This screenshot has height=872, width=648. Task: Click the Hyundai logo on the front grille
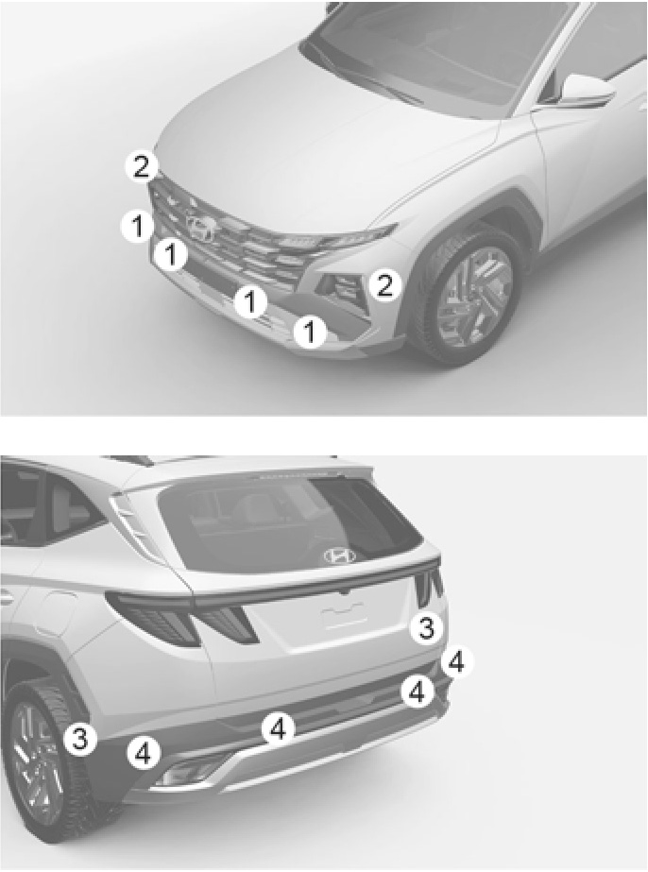tap(201, 228)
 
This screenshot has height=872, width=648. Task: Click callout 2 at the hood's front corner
tap(141, 166)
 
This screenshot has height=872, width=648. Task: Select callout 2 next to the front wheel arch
tap(384, 284)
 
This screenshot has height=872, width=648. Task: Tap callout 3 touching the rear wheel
tap(80, 740)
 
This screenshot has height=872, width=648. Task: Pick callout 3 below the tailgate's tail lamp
tap(426, 628)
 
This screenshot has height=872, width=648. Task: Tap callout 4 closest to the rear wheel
tap(144, 754)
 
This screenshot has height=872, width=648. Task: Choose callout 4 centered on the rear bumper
tap(278, 728)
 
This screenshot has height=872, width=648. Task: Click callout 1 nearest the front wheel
tap(310, 332)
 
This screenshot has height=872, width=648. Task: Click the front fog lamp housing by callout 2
tap(339, 284)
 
